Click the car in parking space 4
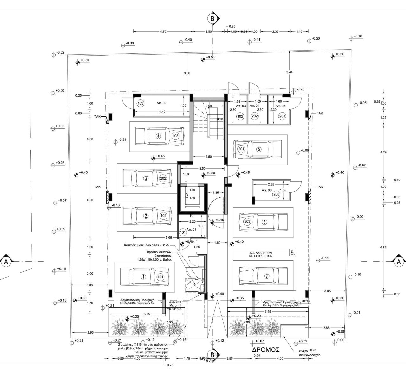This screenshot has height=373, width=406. tap(160, 136)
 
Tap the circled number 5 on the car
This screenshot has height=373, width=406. tap(259, 149)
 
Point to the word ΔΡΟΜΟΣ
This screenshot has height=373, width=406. tap(266, 349)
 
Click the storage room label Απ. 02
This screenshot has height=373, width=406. tap(161, 103)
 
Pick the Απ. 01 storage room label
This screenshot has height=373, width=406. tap(191, 229)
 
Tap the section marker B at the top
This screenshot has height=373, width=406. tap(212, 18)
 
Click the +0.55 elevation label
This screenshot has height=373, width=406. tap(210, 57)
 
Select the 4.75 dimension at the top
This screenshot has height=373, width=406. tap(163, 31)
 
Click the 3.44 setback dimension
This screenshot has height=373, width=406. tap(289, 72)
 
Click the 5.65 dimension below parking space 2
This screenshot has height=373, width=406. tap(169, 237)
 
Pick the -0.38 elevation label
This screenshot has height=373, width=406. tap(129, 43)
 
